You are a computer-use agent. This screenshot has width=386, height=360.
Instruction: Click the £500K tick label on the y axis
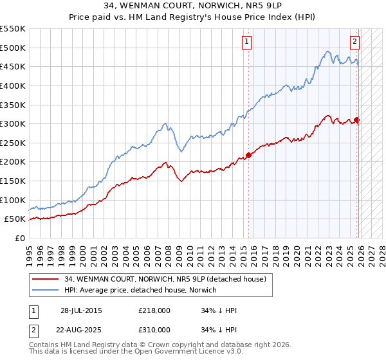tap(13, 48)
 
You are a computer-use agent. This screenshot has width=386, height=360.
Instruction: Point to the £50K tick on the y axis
tap(15, 219)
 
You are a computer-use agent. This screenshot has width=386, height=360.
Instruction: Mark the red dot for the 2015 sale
tap(249, 155)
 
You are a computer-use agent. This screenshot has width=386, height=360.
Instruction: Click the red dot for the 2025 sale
tap(357, 120)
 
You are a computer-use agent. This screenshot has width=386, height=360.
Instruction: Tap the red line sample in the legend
tap(46, 279)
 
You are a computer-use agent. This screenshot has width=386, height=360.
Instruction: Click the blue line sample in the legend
tap(46, 290)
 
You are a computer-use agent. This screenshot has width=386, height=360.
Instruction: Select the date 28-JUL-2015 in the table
tap(80, 310)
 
